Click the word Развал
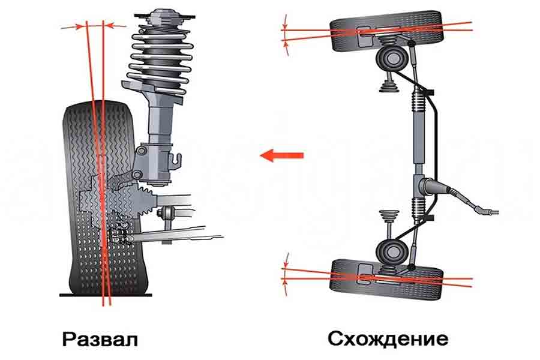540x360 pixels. coord(100,340)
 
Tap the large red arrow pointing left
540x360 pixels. coord(282,155)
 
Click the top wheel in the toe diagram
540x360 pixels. coord(386,31)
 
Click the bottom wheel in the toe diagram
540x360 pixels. coord(386,280)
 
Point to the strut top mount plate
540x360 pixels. coord(164,16)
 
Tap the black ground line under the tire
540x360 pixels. coord(106,295)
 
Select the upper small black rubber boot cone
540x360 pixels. coord(389,86)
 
